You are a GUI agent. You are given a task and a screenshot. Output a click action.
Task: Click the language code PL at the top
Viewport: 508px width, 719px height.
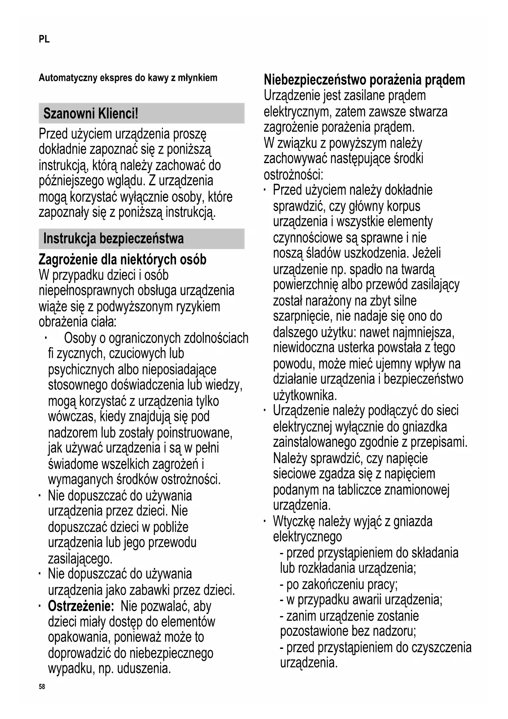(x=44, y=39)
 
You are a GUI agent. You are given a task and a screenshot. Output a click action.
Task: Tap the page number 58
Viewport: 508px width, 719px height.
(x=42, y=687)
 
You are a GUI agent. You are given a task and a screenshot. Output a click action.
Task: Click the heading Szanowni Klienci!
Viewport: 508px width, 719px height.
(x=90, y=114)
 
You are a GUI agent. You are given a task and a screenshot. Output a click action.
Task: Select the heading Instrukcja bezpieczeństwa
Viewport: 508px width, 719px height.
(x=113, y=239)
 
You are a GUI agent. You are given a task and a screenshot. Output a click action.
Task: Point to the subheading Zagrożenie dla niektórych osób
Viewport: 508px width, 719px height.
(x=122, y=259)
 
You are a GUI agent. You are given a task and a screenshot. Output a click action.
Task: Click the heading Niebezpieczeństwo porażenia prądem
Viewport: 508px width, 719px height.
(x=364, y=80)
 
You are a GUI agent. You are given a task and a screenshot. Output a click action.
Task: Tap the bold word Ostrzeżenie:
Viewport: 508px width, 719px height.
(x=81, y=606)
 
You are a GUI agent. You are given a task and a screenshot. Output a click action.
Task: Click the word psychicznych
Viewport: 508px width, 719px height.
(x=81, y=369)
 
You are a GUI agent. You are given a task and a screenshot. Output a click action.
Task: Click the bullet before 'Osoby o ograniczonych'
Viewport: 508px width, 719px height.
(x=47, y=338)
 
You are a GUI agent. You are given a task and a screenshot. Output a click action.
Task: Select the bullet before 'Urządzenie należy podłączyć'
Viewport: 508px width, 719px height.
(x=265, y=410)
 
